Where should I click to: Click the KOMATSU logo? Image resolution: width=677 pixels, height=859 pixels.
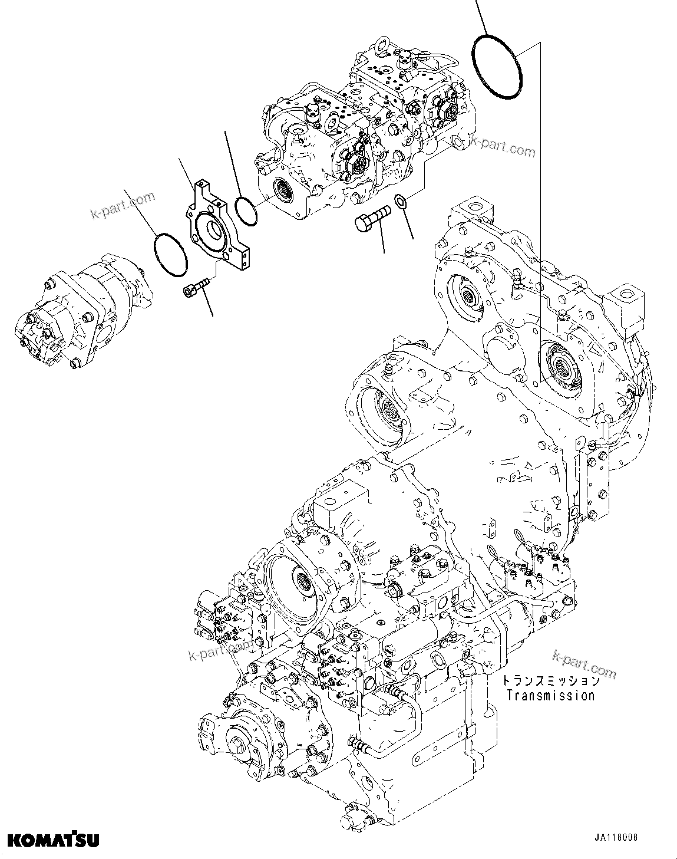[53, 840]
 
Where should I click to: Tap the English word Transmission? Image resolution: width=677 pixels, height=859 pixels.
[550, 695]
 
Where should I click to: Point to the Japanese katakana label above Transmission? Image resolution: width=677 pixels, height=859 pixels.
[550, 681]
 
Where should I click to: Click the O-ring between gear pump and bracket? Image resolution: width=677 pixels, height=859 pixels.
[170, 254]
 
